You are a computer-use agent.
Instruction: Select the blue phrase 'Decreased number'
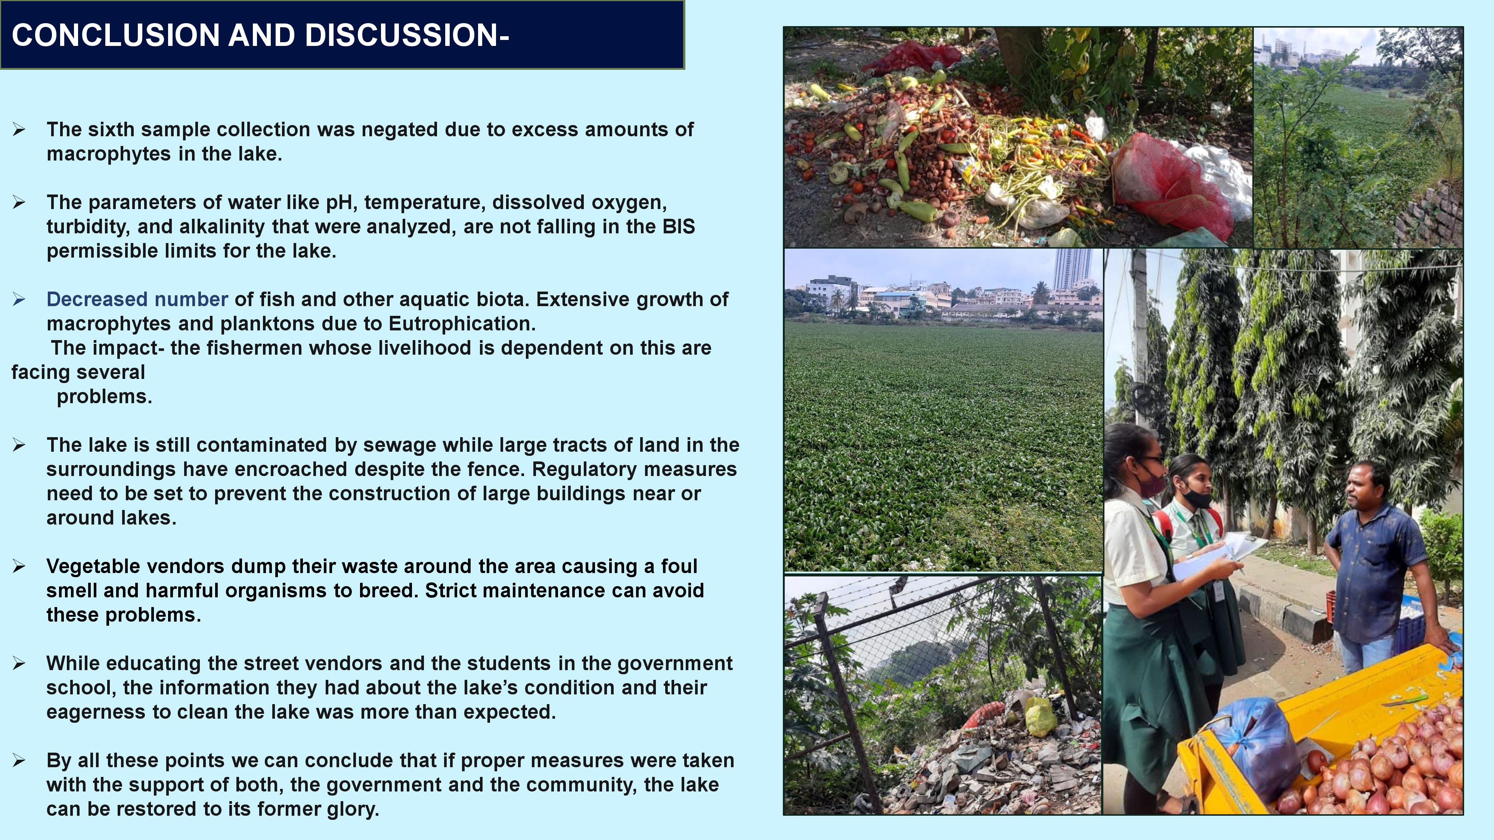pyautogui.click(x=137, y=299)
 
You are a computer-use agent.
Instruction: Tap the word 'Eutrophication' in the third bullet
pyautogui.click(x=462, y=323)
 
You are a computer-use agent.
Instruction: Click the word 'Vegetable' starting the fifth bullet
pyautogui.click(x=90, y=566)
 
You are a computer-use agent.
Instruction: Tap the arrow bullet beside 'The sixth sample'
pyautogui.click(x=19, y=130)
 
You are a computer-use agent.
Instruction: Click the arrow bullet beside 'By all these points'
pyautogui.click(x=19, y=760)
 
